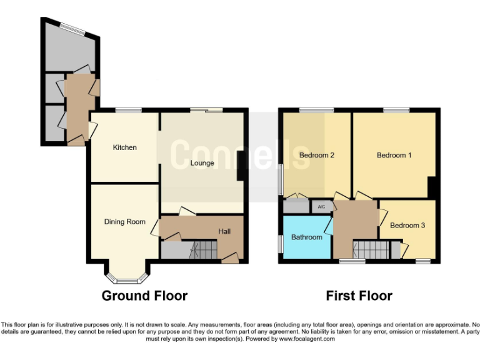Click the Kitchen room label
124,147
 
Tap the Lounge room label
202,163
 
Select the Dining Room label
124,221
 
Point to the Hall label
224,232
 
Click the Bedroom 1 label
394,155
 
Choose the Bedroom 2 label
316,155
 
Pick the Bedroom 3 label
407,225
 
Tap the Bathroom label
306,237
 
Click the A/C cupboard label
321,207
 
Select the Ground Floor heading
144,296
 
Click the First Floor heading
359,296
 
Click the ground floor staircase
203,251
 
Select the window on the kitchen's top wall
127,111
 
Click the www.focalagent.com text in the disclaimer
302,339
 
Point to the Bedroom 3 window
422,261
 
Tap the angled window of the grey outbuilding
73,28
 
